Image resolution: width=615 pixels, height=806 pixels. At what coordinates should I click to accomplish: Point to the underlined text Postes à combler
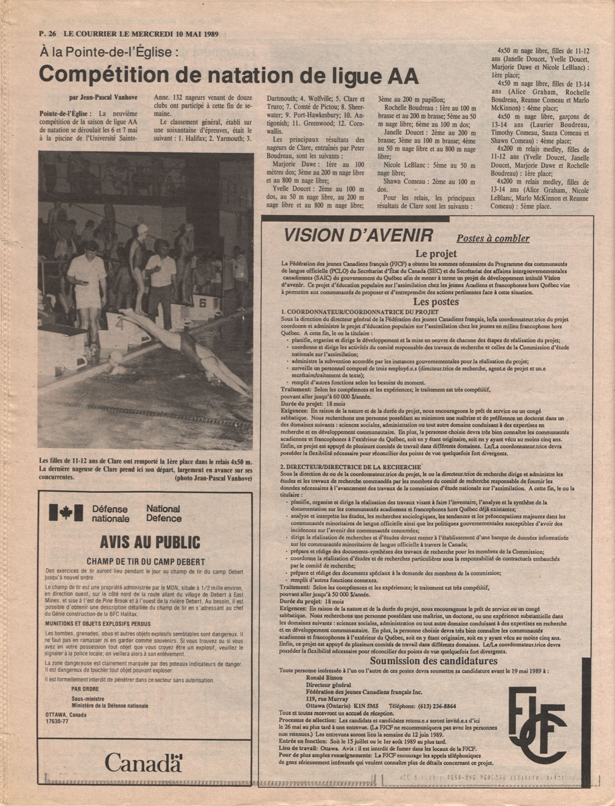493,239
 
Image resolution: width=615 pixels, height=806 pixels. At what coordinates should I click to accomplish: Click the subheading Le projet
436,253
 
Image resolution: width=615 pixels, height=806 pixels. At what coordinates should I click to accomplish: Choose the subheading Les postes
436,302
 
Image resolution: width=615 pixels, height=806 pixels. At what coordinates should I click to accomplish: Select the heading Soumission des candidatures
436,661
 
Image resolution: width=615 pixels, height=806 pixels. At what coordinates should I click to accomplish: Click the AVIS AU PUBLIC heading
149,542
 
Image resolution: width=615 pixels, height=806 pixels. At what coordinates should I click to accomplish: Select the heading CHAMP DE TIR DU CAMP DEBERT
146,562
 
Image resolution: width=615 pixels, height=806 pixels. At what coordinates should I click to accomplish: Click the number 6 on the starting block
202,303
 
